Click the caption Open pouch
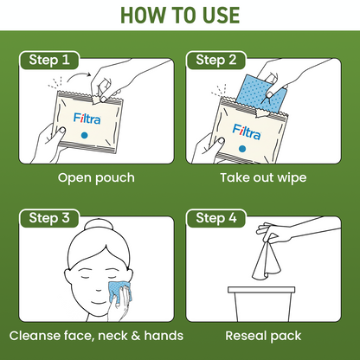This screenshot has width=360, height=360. click(x=97, y=178)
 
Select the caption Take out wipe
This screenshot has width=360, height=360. click(x=263, y=178)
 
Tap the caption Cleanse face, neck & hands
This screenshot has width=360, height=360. click(x=97, y=335)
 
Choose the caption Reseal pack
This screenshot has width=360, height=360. click(x=263, y=335)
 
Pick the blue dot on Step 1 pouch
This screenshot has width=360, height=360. click(x=85, y=137)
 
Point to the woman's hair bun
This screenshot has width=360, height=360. click(x=90, y=227)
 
